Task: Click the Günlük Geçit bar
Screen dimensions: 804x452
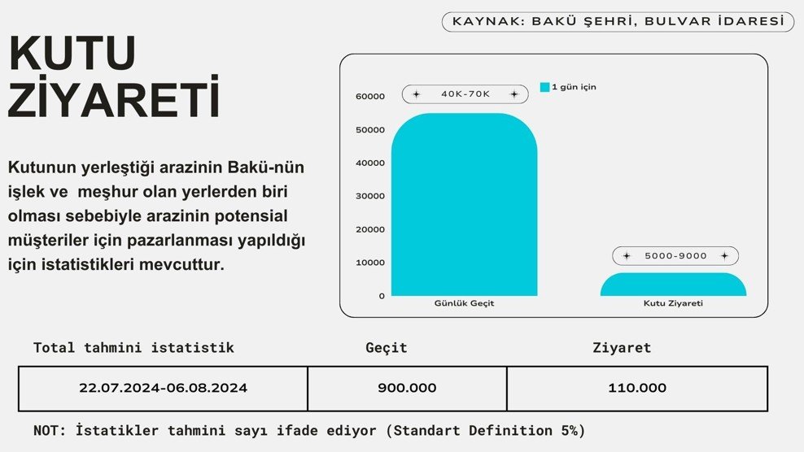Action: [x=464, y=205]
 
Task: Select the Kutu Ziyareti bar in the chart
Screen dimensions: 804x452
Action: [x=673, y=285]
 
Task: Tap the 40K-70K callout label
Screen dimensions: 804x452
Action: [x=465, y=94]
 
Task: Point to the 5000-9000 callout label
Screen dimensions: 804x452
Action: [x=675, y=256]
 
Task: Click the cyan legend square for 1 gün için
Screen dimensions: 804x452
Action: [x=544, y=87]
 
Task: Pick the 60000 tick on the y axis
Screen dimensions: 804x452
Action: [x=370, y=97]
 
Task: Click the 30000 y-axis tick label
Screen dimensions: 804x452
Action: [x=370, y=196]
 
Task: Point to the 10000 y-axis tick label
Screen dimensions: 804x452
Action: [x=370, y=263]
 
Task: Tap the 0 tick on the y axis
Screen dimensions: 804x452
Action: [x=382, y=296]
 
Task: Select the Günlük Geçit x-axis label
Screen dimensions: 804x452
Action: [x=464, y=303]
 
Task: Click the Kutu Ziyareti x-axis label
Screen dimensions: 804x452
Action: [x=673, y=303]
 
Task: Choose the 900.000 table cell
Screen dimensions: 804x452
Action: [x=407, y=389]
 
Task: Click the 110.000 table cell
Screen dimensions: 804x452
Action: [x=637, y=389]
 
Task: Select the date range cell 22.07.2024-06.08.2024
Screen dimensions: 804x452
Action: [x=163, y=389]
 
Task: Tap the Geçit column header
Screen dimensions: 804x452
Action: [x=387, y=348]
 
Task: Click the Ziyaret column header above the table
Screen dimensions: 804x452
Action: [x=622, y=348]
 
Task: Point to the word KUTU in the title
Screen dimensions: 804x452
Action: [x=72, y=54]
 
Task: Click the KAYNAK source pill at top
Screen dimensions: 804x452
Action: [x=618, y=22]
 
